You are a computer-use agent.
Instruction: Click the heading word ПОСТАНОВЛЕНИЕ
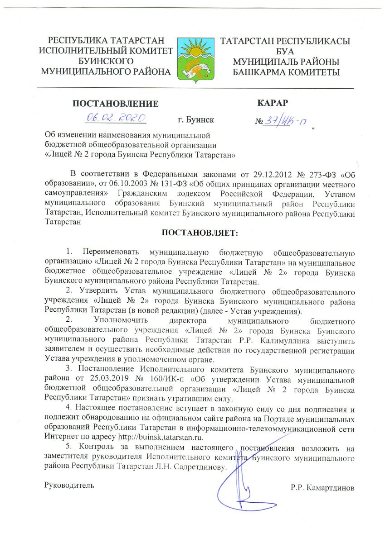pos(116,104)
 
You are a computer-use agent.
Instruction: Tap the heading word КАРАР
pos(273,102)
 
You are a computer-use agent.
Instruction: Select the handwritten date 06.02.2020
pos(115,117)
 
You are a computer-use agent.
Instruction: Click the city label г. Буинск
pos(196,120)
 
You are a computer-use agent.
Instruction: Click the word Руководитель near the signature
pos(69,485)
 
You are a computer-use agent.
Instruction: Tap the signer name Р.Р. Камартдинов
pos(322,488)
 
